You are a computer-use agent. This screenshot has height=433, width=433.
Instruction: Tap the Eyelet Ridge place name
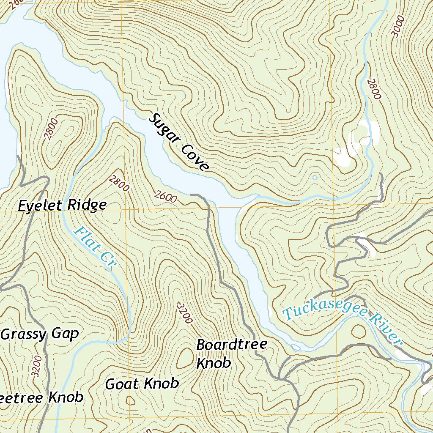point(62,206)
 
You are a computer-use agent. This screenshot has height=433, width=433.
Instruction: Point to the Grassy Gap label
point(40,334)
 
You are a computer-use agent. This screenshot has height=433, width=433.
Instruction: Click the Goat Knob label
point(142,384)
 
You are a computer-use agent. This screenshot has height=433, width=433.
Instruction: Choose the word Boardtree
point(231,345)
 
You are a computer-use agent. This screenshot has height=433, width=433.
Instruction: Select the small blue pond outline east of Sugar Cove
point(314,177)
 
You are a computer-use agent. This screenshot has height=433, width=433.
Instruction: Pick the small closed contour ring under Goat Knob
point(131,400)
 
